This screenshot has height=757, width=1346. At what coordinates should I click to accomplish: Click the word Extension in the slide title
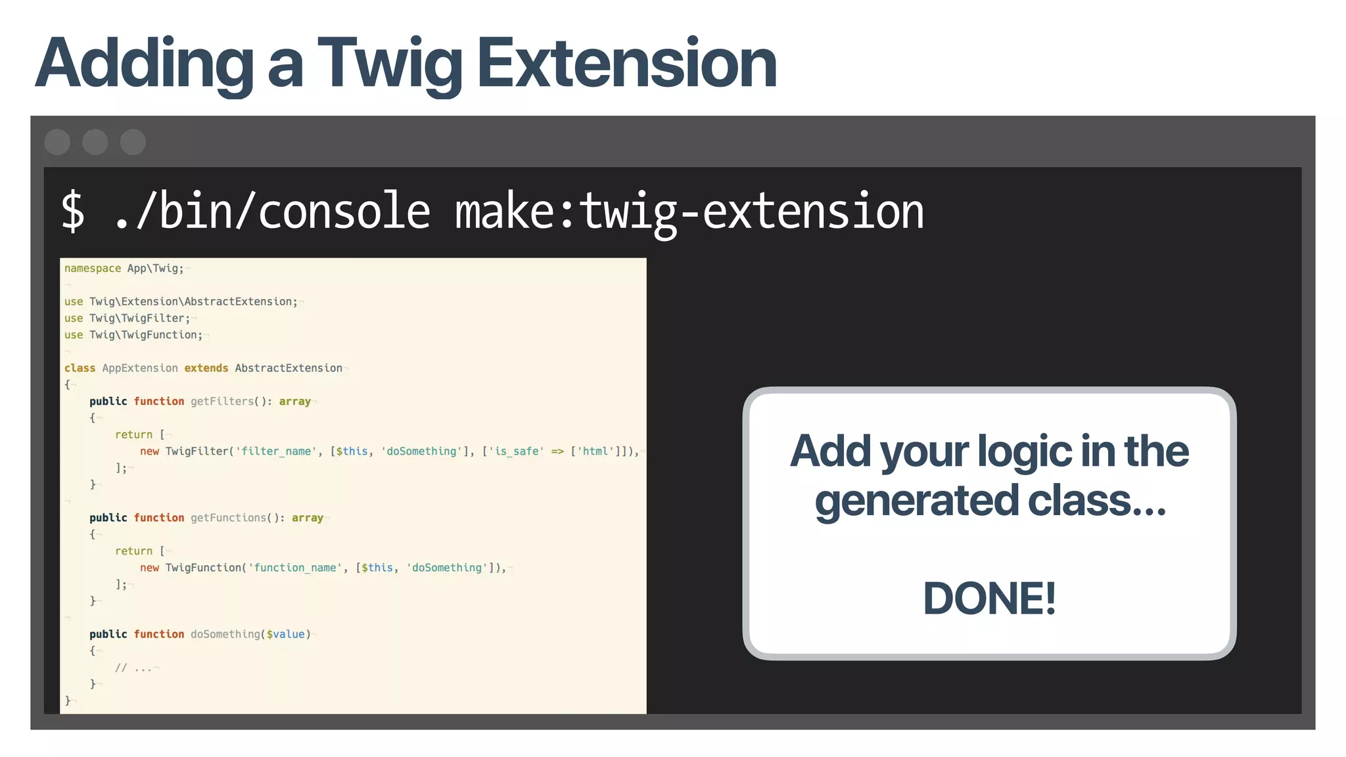coord(626,64)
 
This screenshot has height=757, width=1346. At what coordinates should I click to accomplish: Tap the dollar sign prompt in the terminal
coord(73,212)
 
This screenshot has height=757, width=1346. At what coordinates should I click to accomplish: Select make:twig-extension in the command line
coord(689,212)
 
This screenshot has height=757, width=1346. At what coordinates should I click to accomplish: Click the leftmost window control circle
coord(58,142)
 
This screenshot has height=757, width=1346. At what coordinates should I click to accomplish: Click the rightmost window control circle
coord(133,142)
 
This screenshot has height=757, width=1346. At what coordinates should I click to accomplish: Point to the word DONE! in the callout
coord(989,599)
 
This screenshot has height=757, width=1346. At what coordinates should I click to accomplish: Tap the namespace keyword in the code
coord(93,268)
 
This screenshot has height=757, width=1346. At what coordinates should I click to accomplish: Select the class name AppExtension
coord(140,368)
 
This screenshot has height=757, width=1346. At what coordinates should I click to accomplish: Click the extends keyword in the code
coord(206,368)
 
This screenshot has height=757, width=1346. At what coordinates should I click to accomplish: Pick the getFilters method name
coord(222,401)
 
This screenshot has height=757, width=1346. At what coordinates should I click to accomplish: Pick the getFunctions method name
coord(229,518)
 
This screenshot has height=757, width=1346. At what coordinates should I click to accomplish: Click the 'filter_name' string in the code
coord(276,451)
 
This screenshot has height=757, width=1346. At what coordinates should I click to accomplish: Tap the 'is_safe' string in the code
coord(516,451)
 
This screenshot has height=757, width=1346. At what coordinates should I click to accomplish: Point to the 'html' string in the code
coord(595,451)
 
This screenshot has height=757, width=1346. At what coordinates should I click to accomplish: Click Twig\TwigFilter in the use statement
coord(139,318)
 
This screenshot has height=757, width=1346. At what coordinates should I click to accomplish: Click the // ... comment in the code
coord(133,668)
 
